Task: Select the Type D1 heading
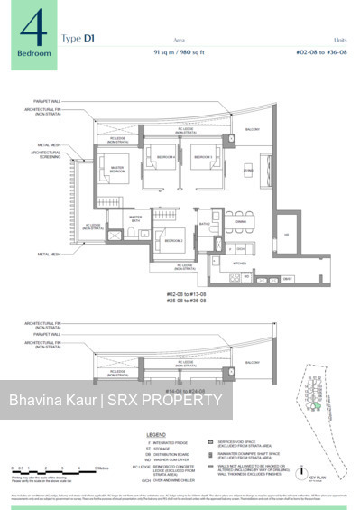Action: pos(78,38)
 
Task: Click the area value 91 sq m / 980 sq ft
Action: pos(189,52)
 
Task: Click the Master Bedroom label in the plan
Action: pos(115,169)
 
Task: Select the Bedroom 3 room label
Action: pos(204,157)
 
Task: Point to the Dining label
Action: pos(241,220)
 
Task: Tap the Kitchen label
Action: pos(240,262)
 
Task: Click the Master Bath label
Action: pos(135,218)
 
